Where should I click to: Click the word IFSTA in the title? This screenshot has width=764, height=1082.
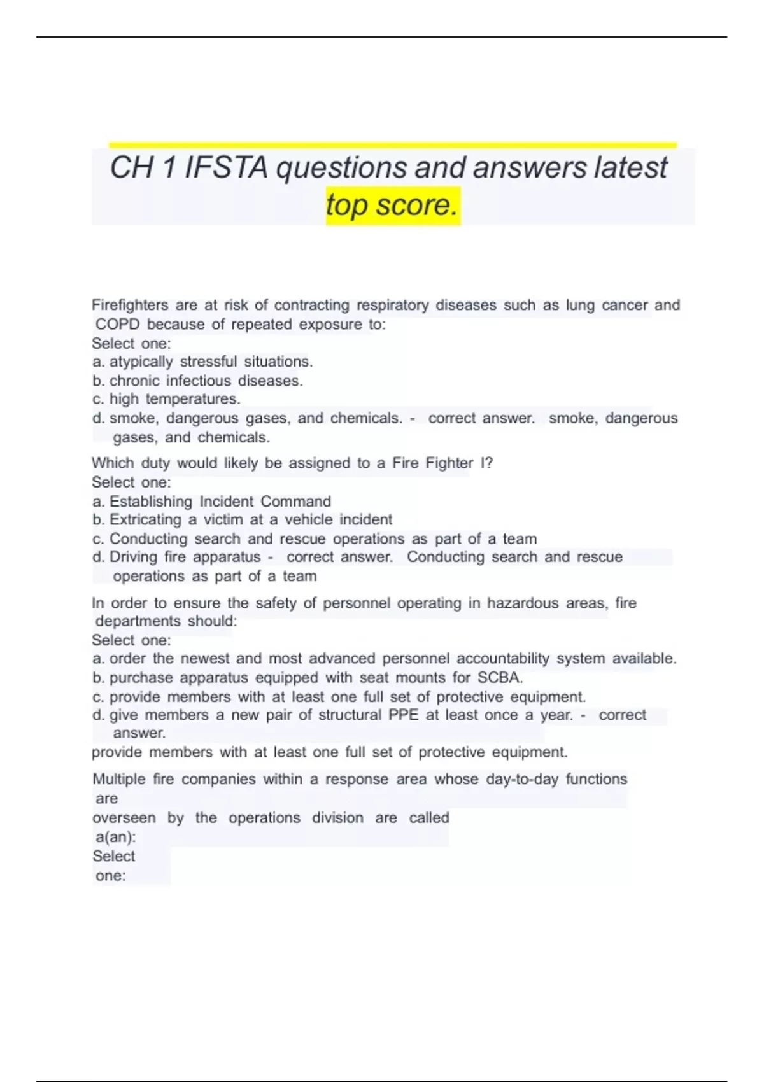point(226,168)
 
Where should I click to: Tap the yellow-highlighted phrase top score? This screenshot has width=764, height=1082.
point(392,206)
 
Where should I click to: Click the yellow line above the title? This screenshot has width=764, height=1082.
point(392,145)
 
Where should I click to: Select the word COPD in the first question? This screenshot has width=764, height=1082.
point(117,324)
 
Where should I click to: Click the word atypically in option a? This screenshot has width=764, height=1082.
point(141,362)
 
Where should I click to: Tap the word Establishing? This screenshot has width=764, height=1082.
point(151,502)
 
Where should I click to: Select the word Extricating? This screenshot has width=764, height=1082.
point(146,520)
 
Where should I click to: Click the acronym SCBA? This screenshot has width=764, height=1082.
point(500,677)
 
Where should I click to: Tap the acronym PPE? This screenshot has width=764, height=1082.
point(403,715)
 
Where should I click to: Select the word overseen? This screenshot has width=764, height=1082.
point(124,818)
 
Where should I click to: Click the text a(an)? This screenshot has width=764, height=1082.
point(115,837)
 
